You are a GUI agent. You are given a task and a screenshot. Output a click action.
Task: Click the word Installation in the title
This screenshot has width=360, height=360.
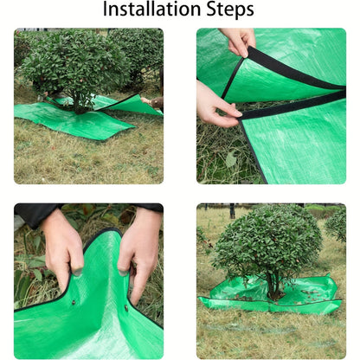(151, 9)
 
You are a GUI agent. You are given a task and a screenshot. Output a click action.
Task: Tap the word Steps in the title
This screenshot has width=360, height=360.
(230, 10)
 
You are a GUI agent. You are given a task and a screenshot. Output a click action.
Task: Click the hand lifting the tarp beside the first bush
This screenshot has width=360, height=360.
(152, 103)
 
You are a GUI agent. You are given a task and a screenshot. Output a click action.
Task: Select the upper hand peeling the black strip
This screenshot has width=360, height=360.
(238, 41)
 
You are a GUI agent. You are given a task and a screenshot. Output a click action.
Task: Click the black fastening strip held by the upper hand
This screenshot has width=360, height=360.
(288, 71)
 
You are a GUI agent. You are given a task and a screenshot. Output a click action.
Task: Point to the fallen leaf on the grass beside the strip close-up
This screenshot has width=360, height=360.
(231, 159)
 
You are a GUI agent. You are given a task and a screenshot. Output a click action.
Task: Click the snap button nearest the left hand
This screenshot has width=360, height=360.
(74, 302)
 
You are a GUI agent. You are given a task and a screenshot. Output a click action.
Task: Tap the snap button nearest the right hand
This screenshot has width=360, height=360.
(126, 308)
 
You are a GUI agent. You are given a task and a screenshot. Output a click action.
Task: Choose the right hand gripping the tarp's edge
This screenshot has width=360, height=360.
(139, 252)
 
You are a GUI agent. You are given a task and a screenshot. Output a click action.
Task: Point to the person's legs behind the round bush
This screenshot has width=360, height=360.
(232, 211)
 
